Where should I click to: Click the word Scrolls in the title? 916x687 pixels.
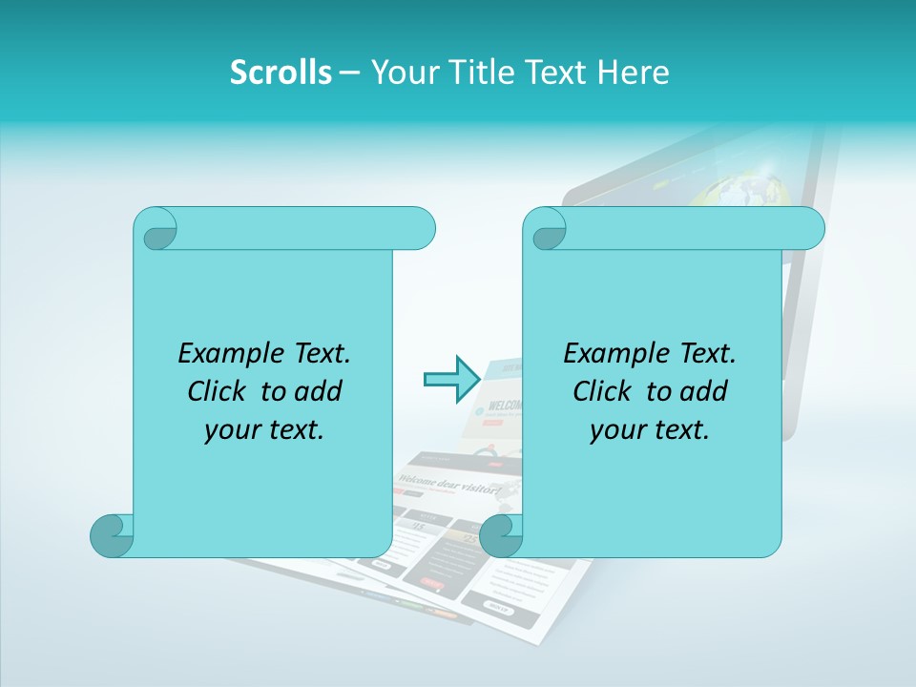pyautogui.click(x=281, y=73)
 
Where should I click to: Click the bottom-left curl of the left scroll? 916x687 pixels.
pyautogui.click(x=112, y=535)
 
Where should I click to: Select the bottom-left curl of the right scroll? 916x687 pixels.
pyautogui.click(x=501, y=535)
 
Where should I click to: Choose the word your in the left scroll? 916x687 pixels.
pyautogui.click(x=231, y=430)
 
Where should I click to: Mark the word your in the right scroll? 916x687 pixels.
pyautogui.click(x=616, y=430)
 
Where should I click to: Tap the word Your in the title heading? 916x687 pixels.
pyautogui.click(x=399, y=73)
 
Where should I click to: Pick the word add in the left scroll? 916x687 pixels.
pyautogui.click(x=319, y=391)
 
